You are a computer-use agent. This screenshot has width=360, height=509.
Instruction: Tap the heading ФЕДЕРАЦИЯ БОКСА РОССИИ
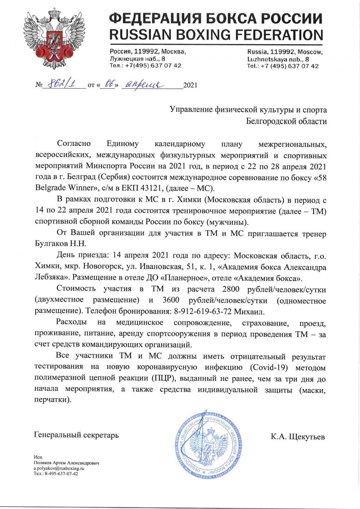(x=216, y=19)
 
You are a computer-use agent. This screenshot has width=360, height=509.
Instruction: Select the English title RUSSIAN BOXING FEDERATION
(x=216, y=34)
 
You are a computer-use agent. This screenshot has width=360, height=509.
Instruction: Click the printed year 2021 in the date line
(x=190, y=85)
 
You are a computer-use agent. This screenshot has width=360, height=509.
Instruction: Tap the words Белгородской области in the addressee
(x=286, y=121)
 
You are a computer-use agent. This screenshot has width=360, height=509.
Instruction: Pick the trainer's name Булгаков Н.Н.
(x=61, y=243)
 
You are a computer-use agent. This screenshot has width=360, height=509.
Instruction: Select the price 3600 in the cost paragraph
(x=171, y=300)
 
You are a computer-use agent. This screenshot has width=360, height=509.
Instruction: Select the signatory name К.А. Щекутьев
(x=298, y=436)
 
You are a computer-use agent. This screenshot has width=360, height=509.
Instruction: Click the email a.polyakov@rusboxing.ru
(x=59, y=468)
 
